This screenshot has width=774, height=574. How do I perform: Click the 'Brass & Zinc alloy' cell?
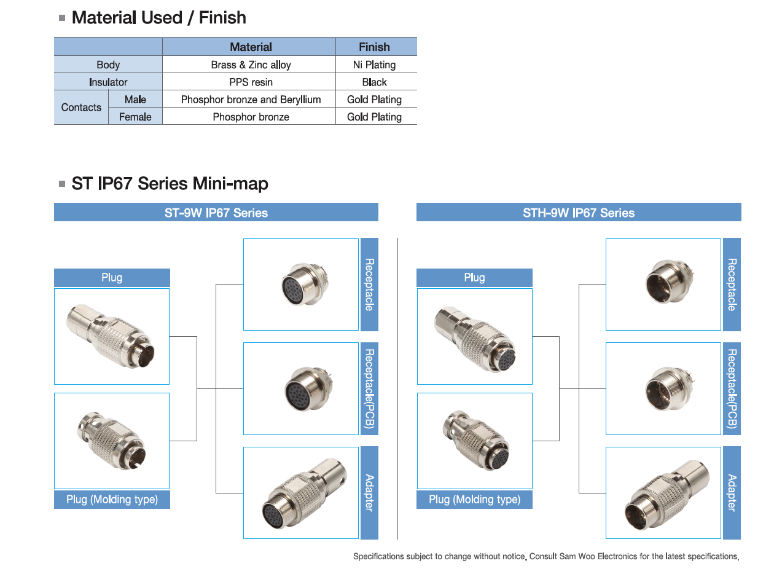[251, 65]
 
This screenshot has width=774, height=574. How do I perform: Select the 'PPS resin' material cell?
[251, 82]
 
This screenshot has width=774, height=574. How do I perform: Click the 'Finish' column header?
[374, 47]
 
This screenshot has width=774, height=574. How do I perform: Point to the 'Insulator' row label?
[108, 82]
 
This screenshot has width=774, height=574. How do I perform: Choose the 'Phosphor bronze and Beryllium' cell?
[251, 100]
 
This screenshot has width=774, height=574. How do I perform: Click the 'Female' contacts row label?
[135, 117]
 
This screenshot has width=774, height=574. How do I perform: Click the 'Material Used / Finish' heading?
[158, 18]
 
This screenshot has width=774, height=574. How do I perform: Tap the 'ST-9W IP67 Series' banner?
[216, 213]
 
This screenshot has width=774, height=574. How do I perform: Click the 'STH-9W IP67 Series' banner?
[579, 213]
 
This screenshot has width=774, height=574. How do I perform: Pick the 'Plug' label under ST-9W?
[112, 278]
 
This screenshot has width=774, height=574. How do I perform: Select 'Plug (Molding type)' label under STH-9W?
[474, 500]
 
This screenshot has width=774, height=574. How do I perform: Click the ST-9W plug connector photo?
[112, 336]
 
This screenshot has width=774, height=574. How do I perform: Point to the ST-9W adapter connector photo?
[301, 493]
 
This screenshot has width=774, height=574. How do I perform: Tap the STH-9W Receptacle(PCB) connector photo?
[663, 388]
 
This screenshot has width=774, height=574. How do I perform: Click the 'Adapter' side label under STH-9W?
[732, 493]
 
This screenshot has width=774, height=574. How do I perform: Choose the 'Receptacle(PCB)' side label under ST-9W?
[369, 388]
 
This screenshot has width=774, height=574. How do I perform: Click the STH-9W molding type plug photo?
[474, 441]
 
